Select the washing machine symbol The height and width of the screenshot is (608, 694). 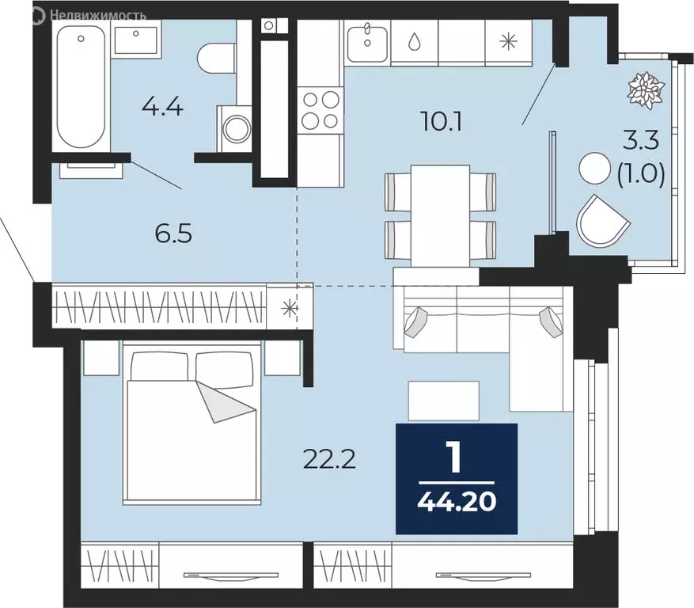[234, 129]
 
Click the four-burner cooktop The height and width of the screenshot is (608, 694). [320, 109]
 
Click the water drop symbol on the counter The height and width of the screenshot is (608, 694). [415, 42]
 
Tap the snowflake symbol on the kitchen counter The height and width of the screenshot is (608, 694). [508, 42]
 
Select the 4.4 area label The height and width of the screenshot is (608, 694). [162, 107]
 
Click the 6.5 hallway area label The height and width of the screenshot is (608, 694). [173, 234]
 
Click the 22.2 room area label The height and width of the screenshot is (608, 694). [330, 459]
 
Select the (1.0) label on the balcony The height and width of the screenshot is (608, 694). [641, 174]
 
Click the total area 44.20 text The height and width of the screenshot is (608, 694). [457, 502]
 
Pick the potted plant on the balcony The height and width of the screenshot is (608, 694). [647, 90]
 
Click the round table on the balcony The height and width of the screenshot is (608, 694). [595, 169]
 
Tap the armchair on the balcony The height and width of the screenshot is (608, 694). [603, 221]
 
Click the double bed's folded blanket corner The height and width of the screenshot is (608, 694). [225, 401]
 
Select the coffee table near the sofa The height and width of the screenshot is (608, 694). [443, 401]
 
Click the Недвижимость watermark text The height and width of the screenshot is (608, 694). [98, 16]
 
